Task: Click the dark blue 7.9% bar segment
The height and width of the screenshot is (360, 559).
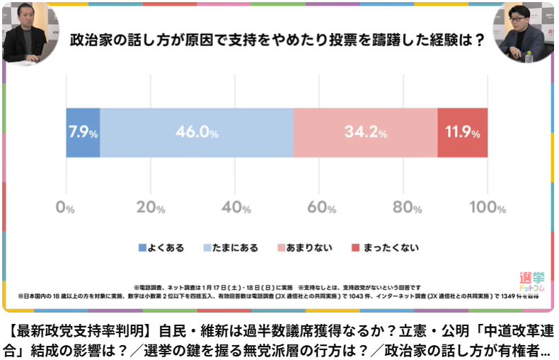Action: [x=83, y=132]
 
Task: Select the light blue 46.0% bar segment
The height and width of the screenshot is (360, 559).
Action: [x=197, y=132]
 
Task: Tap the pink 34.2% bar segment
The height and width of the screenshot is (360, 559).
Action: [x=365, y=132]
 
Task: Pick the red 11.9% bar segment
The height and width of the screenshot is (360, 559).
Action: [x=462, y=132]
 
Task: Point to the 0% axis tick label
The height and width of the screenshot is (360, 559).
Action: [x=65, y=209]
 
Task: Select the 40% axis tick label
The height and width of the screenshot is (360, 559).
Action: [x=235, y=209]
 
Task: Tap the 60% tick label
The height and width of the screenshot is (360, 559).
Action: [x=320, y=209]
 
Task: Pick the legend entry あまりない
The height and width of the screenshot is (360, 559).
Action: [x=310, y=248]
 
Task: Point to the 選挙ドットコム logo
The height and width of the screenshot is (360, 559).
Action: [x=531, y=283]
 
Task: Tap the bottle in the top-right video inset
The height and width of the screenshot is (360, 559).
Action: [x=528, y=57]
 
